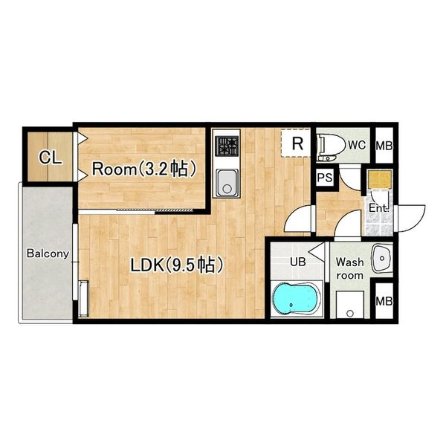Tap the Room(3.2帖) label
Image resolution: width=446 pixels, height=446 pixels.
point(144,169)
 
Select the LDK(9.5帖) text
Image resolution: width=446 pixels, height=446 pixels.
point(176,265)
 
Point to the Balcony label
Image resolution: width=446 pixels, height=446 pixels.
point(48,253)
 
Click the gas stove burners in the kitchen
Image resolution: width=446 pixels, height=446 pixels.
point(227,146)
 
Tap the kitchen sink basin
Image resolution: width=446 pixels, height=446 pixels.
point(227,183)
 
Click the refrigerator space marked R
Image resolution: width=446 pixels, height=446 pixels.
point(296,143)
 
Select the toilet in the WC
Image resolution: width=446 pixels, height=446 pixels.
point(327,146)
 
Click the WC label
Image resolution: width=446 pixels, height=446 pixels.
point(357,146)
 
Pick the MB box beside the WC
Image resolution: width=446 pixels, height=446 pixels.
point(384,146)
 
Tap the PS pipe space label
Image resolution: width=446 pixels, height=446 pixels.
point(325,178)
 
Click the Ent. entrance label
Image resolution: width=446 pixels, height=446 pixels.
point(378,208)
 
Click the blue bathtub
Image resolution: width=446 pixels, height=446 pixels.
point(296,298)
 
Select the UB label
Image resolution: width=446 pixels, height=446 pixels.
point(298,262)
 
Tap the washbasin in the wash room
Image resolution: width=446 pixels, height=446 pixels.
point(382,258)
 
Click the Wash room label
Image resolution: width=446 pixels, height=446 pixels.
point(349,268)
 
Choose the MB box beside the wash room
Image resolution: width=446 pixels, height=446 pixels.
point(384,300)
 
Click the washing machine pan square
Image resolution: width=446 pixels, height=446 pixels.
point(350,305)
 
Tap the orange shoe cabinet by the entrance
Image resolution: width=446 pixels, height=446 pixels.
point(379,179)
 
